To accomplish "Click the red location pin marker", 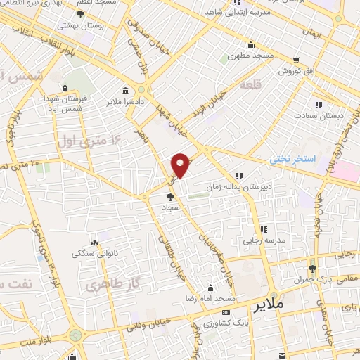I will point(181,165).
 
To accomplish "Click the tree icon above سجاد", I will point(169,198).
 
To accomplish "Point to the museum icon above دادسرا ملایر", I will point(125,91).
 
